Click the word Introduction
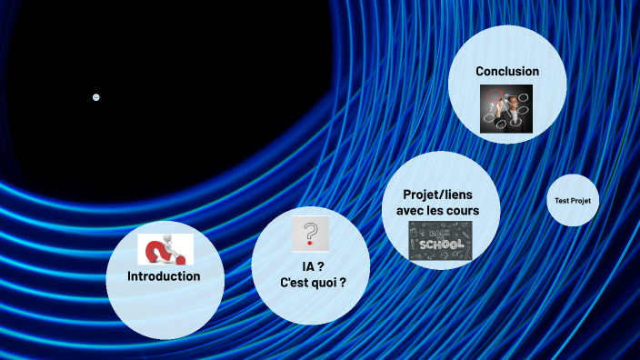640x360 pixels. (164, 276)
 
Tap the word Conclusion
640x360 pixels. (507, 71)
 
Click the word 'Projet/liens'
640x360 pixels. (437, 195)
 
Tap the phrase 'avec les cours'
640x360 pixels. (437, 211)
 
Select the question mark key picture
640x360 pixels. (310, 233)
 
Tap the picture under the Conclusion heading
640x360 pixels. (506, 108)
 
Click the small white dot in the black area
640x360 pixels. (96, 97)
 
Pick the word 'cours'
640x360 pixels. (461, 211)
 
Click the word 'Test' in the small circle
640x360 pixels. (562, 200)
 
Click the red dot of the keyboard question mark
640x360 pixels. (311, 244)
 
